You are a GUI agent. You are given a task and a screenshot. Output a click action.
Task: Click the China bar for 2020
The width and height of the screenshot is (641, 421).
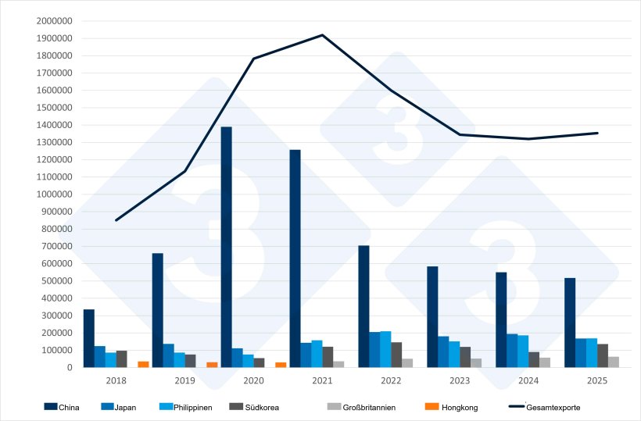[x=226, y=247]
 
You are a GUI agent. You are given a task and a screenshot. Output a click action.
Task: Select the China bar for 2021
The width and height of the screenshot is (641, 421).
[x=295, y=259]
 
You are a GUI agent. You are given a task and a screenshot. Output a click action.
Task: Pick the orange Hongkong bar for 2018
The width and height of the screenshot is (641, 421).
[x=143, y=364]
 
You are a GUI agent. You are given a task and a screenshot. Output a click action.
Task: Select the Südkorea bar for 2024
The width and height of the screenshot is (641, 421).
[x=534, y=359]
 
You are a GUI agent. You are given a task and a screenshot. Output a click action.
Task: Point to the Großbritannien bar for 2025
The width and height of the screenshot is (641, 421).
[x=614, y=362]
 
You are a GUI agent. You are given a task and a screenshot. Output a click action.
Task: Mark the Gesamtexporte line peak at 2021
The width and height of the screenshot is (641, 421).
[x=322, y=35]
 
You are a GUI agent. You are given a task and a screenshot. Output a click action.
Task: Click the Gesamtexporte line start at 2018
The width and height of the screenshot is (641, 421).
[x=116, y=220]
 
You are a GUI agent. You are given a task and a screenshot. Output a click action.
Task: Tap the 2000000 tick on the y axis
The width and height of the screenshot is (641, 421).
[x=54, y=21]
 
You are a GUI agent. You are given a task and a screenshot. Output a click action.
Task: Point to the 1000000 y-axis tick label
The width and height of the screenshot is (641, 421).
[x=54, y=194]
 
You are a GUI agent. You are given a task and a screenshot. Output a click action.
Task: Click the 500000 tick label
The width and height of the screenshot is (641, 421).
[x=56, y=281]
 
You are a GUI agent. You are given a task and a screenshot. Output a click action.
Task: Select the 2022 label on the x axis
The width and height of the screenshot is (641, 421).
[x=391, y=380]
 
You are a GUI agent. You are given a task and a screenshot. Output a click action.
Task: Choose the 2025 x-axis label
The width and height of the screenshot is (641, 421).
[x=596, y=380]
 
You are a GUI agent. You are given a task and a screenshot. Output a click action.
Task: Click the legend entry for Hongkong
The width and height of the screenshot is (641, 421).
[x=460, y=407]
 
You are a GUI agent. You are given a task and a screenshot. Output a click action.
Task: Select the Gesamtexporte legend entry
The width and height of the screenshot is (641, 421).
[x=553, y=407]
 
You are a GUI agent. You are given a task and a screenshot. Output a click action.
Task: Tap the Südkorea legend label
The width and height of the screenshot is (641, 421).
[x=262, y=407]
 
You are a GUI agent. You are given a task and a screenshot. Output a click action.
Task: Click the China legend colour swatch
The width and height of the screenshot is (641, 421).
[x=51, y=407]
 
